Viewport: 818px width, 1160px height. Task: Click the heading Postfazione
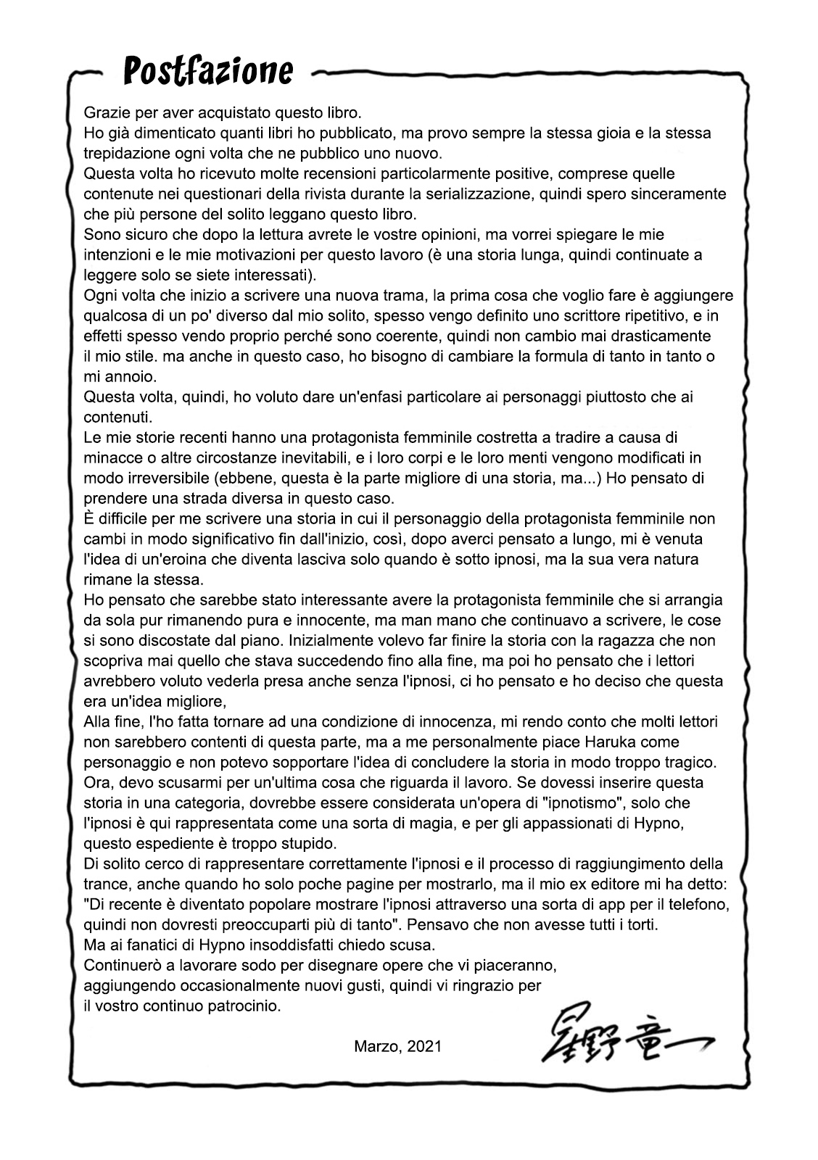click(x=208, y=72)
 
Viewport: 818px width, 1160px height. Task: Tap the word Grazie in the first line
click(x=106, y=113)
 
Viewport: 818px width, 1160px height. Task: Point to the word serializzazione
click(x=553, y=194)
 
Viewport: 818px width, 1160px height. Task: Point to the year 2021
click(x=424, y=1047)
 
